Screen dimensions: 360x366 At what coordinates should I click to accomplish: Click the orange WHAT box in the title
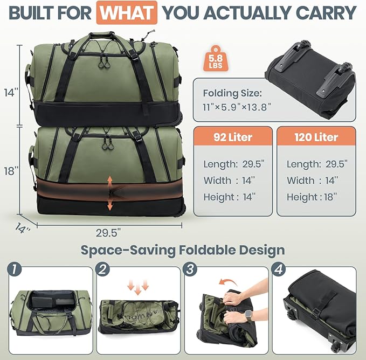point(127,12)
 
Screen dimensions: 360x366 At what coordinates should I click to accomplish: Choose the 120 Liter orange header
point(316,136)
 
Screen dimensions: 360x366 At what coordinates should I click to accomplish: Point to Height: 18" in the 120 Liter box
point(312,197)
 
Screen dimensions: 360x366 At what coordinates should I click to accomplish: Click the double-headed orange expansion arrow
point(110,192)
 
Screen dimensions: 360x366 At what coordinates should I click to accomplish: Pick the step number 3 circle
point(190,268)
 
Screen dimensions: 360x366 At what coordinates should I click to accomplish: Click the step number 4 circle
point(278,268)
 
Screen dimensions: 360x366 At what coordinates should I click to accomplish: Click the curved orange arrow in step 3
point(232,282)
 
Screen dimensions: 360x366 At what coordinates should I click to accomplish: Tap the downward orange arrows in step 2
point(141,286)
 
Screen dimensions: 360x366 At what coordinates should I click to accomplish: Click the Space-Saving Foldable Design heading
point(183,250)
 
